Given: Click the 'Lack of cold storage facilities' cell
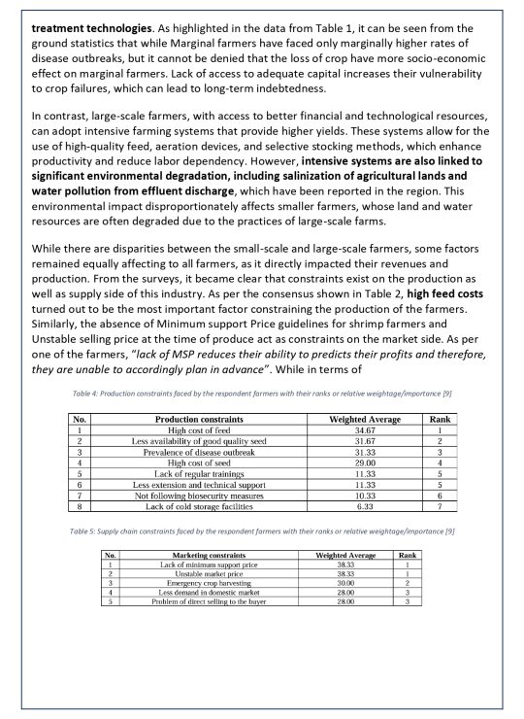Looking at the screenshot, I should [x=206, y=507].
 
